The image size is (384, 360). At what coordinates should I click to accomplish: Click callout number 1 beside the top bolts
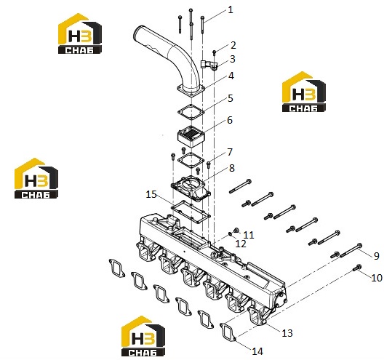231,9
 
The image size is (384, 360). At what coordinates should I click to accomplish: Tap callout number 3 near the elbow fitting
233,59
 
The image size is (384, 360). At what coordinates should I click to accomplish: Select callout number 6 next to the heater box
230,120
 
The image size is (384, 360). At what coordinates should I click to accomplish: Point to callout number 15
151,194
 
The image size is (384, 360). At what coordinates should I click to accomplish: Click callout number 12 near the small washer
241,244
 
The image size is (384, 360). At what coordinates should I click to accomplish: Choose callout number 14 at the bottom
257,351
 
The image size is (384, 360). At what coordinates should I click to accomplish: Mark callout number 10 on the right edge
377,278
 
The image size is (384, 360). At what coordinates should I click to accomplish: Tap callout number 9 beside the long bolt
377,256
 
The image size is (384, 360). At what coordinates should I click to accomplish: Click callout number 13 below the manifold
287,333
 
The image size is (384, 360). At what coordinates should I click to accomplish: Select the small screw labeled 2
214,52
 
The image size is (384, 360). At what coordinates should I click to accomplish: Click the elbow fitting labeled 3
209,65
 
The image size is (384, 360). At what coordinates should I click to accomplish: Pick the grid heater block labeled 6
191,136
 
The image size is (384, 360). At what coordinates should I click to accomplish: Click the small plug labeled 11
236,230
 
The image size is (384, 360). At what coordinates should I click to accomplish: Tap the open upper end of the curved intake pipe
138,32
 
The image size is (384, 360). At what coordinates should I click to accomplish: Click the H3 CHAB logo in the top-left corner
80,33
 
